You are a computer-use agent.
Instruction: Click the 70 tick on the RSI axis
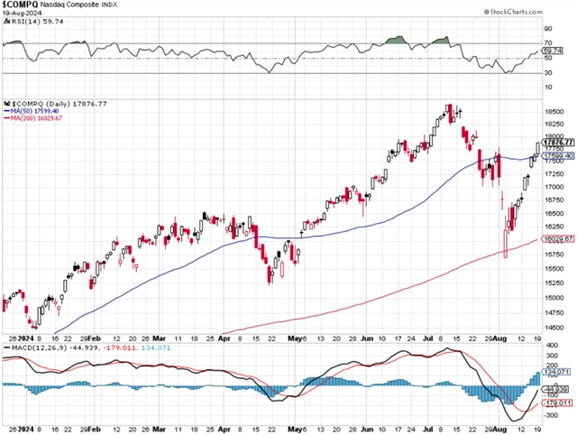point(546,43)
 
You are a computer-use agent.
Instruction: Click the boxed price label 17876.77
point(557,143)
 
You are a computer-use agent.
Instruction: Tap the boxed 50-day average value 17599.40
point(557,155)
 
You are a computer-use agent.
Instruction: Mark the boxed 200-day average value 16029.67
point(557,238)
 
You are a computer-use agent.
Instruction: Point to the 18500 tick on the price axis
point(555,111)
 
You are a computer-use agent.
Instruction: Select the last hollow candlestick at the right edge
point(538,148)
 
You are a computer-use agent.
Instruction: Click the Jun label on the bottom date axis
point(368,427)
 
